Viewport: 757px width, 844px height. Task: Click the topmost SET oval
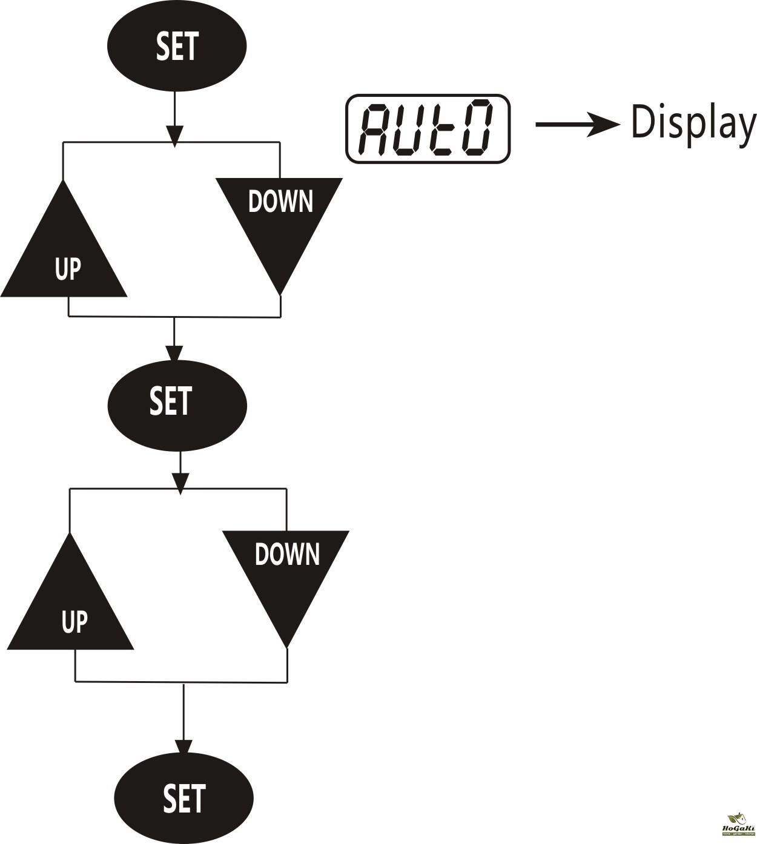(177, 47)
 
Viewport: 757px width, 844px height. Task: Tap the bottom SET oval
(184, 797)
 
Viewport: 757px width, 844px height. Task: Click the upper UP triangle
(64, 254)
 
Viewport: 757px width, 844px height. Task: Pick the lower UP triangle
(71, 607)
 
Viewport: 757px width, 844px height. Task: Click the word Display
(693, 124)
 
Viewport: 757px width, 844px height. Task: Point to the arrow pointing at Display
(578, 124)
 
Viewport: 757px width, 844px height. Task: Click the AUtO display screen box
(428, 128)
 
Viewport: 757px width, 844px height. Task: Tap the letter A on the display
(375, 128)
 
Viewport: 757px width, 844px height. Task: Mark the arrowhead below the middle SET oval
(180, 483)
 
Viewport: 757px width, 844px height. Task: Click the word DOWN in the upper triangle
(280, 202)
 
